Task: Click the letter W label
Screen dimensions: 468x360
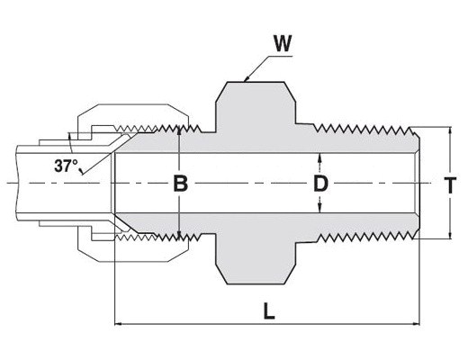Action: pos(283,44)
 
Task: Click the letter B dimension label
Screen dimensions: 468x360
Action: pos(181,184)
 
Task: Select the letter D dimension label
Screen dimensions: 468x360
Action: pos(320,184)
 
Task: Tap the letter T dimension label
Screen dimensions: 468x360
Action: pos(450,184)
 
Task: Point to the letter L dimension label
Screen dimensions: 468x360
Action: pos(269,310)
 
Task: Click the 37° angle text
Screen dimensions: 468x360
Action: pos(66,166)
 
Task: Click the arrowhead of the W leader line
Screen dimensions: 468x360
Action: pos(247,79)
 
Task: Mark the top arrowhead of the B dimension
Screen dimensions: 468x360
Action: pos(179,130)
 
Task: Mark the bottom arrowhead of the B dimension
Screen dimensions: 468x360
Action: pos(179,237)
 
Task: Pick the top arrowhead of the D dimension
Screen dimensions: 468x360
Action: pos(320,157)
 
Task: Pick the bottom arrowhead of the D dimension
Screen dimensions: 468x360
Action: pos(320,209)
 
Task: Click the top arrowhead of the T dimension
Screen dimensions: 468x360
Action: pos(450,131)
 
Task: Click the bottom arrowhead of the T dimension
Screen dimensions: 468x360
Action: pos(450,235)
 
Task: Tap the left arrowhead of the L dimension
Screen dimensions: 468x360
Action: pos(119,324)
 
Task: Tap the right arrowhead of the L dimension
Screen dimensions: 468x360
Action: pos(416,324)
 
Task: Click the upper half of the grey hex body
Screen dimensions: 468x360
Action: pos(256,107)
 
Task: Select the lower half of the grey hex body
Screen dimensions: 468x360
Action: pos(256,258)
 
